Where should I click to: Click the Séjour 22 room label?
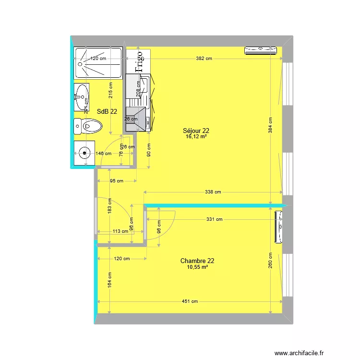pyautogui.click(x=196, y=130)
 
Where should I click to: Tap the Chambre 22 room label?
pyautogui.click(x=197, y=261)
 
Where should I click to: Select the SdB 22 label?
pyautogui.click(x=107, y=111)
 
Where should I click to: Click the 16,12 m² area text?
pyautogui.click(x=196, y=136)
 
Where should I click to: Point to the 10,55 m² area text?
pyautogui.click(x=197, y=267)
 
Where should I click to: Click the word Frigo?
pyautogui.click(x=140, y=62)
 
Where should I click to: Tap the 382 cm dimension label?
pyautogui.click(x=204, y=59)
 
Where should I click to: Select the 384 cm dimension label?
pyautogui.click(x=270, y=126)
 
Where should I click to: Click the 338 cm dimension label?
pyautogui.click(x=213, y=192)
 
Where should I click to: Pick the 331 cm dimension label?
pyautogui.click(x=215, y=219)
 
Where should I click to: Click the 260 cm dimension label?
pyautogui.click(x=270, y=262)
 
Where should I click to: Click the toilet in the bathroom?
pyautogui.click(x=88, y=127)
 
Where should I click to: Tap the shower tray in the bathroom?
pyautogui.click(x=98, y=63)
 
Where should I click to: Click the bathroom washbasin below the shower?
pyautogui.click(x=82, y=96)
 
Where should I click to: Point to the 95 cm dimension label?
pyautogui.click(x=117, y=181)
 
